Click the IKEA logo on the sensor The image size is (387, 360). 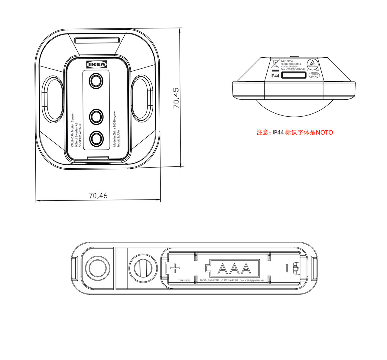tap(97, 64)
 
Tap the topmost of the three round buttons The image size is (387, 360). tap(96, 81)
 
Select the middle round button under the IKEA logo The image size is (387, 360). tap(96, 116)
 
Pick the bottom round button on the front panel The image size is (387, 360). tap(96, 139)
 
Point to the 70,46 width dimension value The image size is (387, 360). tap(98, 196)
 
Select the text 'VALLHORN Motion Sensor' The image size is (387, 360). tap(73, 130)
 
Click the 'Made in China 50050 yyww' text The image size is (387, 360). tap(115, 129)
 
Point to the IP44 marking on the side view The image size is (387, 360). tap(275, 76)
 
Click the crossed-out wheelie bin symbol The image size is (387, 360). tap(275, 63)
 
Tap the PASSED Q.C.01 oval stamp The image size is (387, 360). tap(314, 75)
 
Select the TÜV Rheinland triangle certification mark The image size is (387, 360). tap(313, 63)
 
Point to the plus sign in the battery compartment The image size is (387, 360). tap(175, 268)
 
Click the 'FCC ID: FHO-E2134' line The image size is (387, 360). tap(291, 64)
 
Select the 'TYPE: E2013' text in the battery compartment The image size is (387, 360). tap(184, 281)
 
